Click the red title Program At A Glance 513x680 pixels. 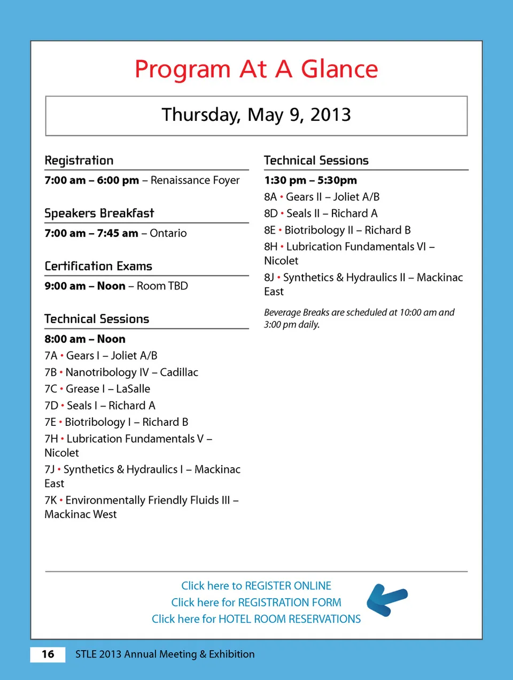(256, 69)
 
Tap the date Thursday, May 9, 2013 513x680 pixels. (256, 114)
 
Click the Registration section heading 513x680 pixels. (79, 161)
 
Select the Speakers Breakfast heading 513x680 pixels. (99, 213)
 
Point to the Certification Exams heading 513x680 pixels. (98, 266)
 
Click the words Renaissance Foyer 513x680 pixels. (195, 180)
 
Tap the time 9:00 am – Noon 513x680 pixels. (85, 286)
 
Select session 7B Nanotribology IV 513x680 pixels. (121, 372)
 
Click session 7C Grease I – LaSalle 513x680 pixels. (97, 389)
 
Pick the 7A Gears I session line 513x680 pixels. (101, 356)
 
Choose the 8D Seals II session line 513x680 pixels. (321, 213)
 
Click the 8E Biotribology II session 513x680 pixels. (337, 230)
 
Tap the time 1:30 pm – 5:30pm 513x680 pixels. (310, 180)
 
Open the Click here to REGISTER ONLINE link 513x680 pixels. (256, 586)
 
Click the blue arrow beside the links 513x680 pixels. (387, 600)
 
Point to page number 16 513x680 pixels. (48, 654)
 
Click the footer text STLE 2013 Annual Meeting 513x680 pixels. (165, 654)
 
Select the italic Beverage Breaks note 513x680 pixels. (359, 318)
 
